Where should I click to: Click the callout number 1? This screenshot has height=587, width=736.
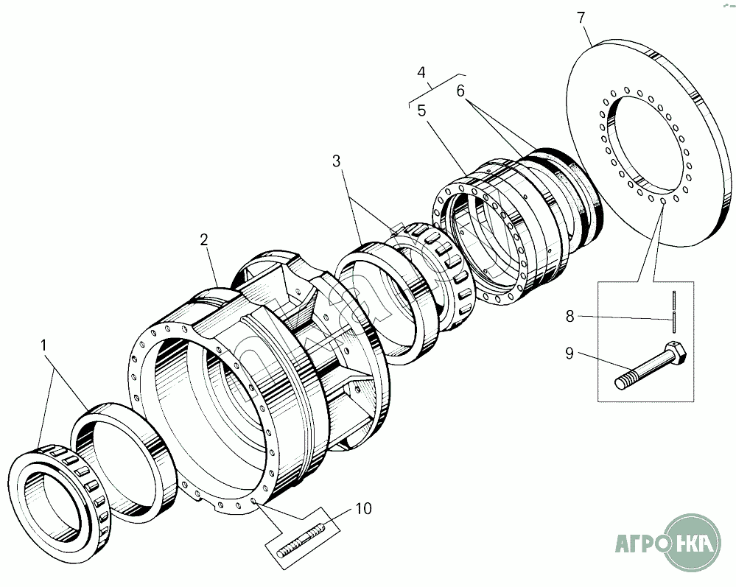pos(43,346)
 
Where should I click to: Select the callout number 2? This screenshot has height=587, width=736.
pos(204,240)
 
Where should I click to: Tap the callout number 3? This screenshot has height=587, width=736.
pos(337,161)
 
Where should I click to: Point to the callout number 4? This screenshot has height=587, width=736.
pos(421,73)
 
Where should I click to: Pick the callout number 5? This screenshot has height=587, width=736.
pos(421,110)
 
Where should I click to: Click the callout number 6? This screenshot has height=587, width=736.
pos(460,91)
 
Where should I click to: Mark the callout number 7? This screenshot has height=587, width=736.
pos(581,18)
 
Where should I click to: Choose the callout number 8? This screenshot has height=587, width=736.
pos(569,316)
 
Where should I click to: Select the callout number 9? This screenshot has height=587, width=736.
pos(569,353)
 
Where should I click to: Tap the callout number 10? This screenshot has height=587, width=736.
pos(364,508)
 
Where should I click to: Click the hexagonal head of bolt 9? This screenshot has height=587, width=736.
pos(676,351)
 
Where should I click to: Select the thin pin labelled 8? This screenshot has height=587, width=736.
pos(675,312)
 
